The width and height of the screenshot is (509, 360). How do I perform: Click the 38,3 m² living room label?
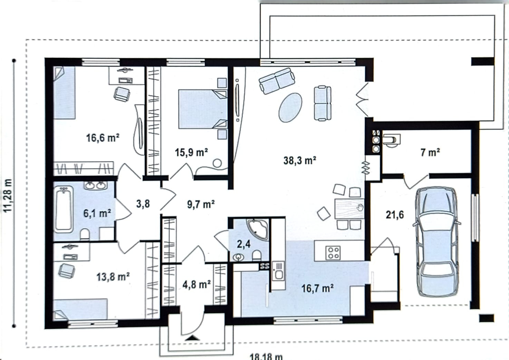(300, 160)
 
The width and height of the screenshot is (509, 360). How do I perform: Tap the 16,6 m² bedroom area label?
(103, 138)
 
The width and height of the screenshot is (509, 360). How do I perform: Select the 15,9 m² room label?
(191, 152)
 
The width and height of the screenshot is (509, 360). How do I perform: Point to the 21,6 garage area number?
(395, 215)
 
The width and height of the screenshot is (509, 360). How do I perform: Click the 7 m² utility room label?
(430, 152)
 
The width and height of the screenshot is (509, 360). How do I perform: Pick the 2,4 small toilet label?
(244, 244)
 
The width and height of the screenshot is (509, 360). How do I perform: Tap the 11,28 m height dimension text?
(8, 196)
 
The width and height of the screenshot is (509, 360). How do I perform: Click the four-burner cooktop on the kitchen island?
(333, 253)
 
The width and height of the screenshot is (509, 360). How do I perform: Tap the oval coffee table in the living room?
(290, 107)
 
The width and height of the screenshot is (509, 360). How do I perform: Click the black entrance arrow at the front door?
(193, 338)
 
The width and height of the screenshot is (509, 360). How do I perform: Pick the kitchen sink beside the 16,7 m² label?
(278, 271)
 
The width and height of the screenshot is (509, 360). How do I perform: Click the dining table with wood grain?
(349, 208)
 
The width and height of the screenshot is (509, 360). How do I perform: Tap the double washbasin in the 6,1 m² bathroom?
(95, 185)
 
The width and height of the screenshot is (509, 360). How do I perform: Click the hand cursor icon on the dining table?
(360, 207)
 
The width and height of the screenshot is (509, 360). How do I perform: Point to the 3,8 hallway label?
(143, 204)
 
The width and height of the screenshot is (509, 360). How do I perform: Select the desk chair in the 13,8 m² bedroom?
(67, 270)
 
